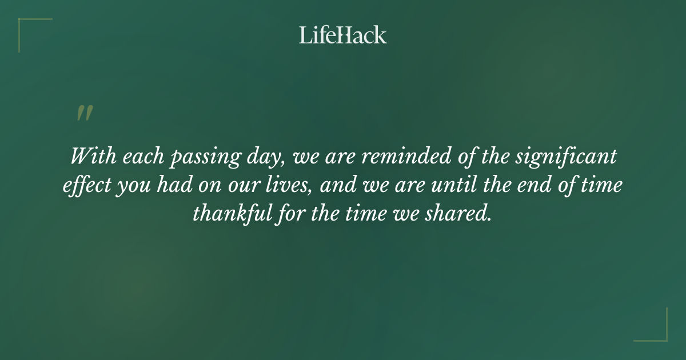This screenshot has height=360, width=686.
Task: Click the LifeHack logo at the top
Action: [342, 35]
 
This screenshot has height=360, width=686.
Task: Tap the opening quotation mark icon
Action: [85, 113]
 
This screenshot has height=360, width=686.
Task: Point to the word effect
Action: [86, 186]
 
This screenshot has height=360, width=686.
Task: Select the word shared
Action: [461, 214]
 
